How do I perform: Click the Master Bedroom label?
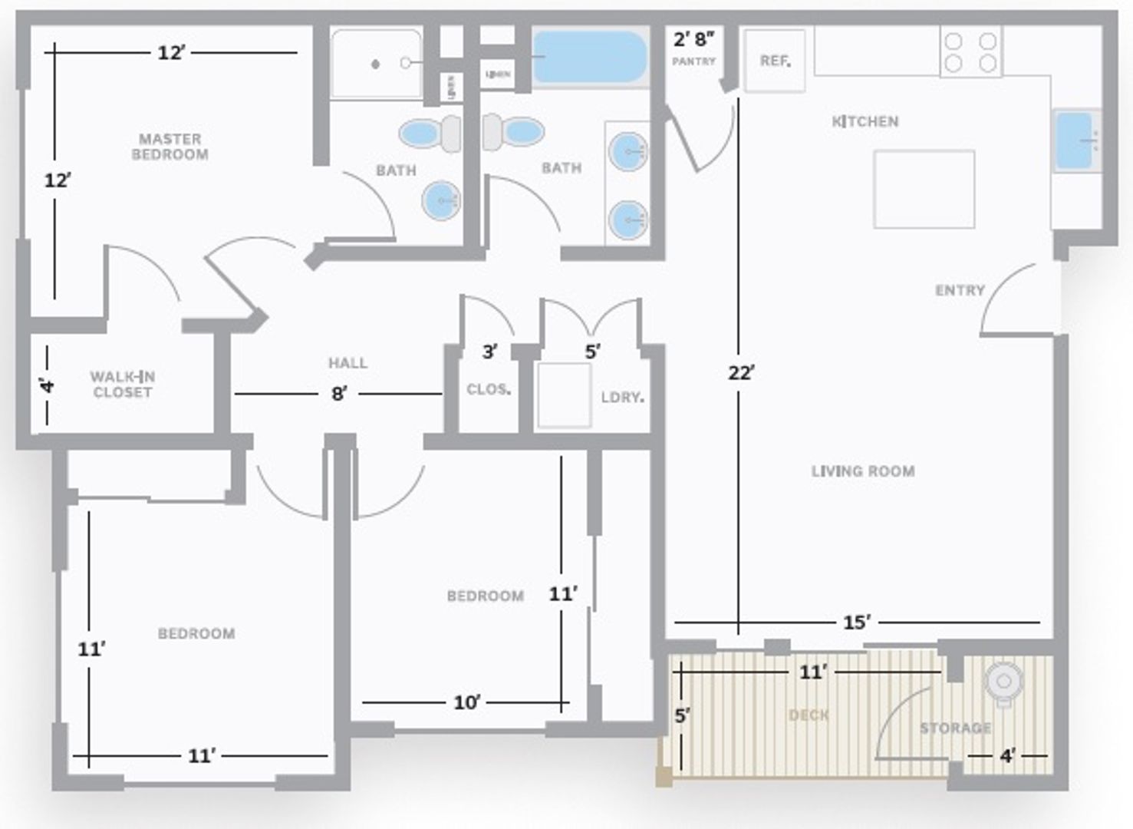pyautogui.click(x=170, y=147)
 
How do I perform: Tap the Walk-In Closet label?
pyautogui.click(x=122, y=384)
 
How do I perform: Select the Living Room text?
pyautogui.click(x=863, y=471)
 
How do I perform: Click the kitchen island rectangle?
pyautogui.click(x=924, y=190)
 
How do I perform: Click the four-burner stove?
pyautogui.click(x=970, y=52)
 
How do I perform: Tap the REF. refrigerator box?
pyautogui.click(x=775, y=61)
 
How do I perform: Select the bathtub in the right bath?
pyautogui.click(x=589, y=57)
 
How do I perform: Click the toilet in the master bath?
pyautogui.click(x=430, y=134)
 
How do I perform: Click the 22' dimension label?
pyautogui.click(x=742, y=373)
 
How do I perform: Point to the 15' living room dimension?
pyautogui.click(x=857, y=623)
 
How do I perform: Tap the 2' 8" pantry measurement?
pyautogui.click(x=693, y=39)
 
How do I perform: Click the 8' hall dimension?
pyautogui.click(x=338, y=394)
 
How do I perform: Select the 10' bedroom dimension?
pyautogui.click(x=466, y=702)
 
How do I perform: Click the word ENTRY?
pyautogui.click(x=960, y=290)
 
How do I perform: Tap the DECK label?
pyautogui.click(x=809, y=715)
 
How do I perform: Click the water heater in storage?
pyautogui.click(x=1003, y=681)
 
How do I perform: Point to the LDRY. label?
pyautogui.click(x=622, y=397)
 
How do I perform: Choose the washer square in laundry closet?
pyautogui.click(x=564, y=395)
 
